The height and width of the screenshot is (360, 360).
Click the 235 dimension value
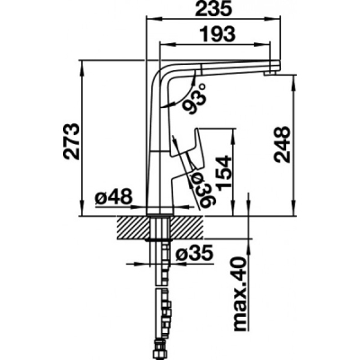coord(213,9)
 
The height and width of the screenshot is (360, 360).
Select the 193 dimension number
coord(218,34)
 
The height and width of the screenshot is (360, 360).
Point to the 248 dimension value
coord(283,145)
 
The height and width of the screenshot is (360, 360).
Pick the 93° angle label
coord(193,98)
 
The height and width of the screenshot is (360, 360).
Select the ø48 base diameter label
coord(113,197)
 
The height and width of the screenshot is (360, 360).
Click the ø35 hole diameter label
coord(195,255)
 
